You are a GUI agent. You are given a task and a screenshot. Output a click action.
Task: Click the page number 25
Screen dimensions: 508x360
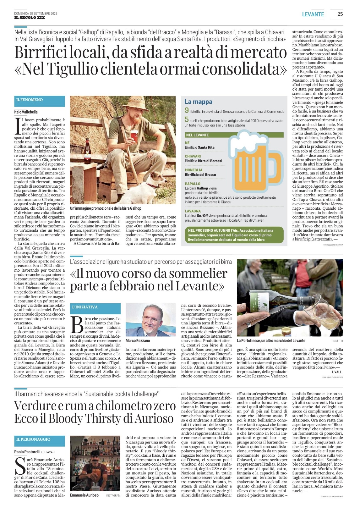coord(340,14)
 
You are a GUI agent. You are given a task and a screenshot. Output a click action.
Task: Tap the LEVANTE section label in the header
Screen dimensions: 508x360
coord(313,14)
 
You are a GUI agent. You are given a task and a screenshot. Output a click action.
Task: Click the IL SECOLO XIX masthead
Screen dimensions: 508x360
coord(30,18)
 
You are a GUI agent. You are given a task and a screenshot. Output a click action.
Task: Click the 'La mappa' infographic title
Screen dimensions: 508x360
coord(198,102)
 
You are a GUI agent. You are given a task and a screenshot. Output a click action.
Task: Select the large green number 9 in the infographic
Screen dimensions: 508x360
coord(187,111)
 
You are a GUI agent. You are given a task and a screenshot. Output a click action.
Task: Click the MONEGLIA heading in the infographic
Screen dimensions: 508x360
coord(194,170)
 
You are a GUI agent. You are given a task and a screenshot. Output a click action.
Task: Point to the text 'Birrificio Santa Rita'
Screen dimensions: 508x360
coord(200,147)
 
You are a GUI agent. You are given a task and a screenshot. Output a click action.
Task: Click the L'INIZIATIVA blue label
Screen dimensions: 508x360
coord(85,307)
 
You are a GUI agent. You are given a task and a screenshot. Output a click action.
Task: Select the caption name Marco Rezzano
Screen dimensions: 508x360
coord(138,341)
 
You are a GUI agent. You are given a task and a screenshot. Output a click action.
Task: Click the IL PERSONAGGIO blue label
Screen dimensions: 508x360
coord(33,439)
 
